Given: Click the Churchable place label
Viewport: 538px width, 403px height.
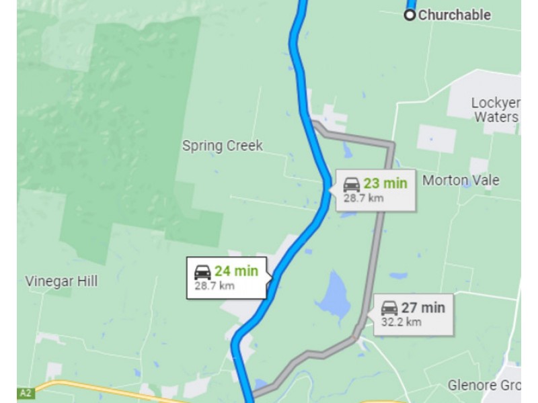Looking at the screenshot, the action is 455,15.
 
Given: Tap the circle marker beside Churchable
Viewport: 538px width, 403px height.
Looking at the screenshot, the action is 410,15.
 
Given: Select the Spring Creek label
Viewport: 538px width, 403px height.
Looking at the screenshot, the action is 222,146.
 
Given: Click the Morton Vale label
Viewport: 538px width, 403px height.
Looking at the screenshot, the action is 461,180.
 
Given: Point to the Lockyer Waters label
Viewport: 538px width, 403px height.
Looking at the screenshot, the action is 495,109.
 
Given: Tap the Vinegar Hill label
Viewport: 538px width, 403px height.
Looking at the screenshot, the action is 61,281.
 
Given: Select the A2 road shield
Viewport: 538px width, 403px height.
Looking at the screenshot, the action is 26,393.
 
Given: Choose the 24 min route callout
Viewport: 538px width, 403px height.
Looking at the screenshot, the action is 227,277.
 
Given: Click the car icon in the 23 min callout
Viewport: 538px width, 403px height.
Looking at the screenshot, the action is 352,184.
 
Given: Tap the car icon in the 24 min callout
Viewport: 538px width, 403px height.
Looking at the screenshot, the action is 202,272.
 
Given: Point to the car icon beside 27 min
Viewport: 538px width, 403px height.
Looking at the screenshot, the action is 389,308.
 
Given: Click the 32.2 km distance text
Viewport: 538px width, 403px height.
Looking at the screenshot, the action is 401,322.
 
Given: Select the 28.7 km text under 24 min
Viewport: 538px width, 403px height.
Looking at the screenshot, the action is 214,285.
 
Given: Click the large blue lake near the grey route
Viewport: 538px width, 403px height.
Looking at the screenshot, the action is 333,296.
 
